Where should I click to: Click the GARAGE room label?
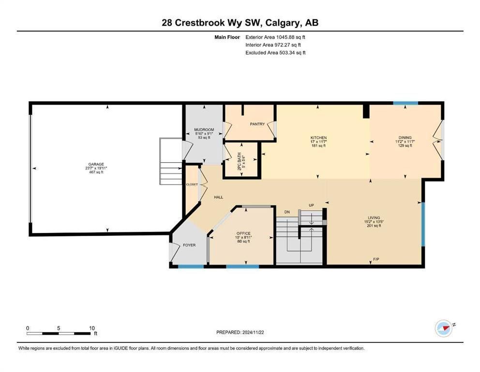tap(96, 164)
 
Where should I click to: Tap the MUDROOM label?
tap(204, 130)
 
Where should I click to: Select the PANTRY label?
tap(257, 124)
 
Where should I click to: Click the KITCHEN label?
tap(319, 138)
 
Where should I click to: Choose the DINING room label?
tap(405, 138)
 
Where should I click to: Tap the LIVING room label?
tap(374, 218)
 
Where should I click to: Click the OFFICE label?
tap(243, 233)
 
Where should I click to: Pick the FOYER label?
tap(189, 245)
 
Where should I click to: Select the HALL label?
tap(219, 197)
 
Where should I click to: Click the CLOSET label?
tap(192, 185)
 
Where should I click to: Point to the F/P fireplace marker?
tap(376, 259)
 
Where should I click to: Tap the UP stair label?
tap(311, 205)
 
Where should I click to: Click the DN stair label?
tap(287, 212)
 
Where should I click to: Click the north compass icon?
tap(444, 329)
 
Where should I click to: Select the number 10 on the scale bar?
tap(92, 328)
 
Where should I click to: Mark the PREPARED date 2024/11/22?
tap(253, 332)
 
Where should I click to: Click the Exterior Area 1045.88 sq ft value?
tap(275, 37)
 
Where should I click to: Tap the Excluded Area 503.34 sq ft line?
tap(275, 53)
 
